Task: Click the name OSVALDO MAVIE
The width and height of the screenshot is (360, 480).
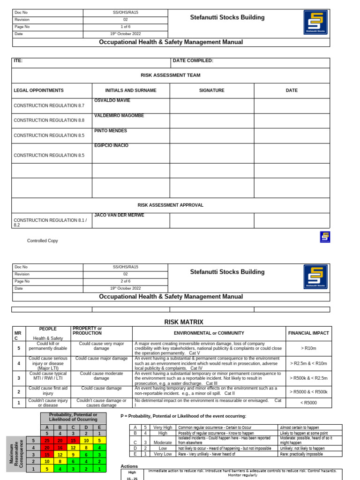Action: pos(112,101)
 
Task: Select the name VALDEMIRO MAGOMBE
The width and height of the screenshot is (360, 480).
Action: pos(119,116)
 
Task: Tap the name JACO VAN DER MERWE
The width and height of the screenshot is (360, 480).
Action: pos(119,215)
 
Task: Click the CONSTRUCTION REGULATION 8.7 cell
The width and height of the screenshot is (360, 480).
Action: pos(49,105)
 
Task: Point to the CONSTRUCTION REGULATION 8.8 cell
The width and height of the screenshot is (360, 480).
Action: pos(49,120)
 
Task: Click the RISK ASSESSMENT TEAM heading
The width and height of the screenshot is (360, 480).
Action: pos(171,75)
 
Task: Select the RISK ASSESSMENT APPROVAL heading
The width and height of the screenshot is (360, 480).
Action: pos(171,205)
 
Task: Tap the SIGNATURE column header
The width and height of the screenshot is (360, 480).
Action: pos(212,90)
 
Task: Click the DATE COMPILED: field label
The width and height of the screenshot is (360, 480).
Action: pos(193,61)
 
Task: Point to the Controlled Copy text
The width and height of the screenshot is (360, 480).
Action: pos(43,241)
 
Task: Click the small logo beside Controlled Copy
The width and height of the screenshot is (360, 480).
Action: pos(325,237)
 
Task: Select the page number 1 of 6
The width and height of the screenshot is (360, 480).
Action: pos(125,27)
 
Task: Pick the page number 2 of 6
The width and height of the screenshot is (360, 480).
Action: pos(125,281)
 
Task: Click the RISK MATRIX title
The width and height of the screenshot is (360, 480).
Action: pos(184,322)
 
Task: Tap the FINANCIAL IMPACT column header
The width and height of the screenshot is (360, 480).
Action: pos(308,333)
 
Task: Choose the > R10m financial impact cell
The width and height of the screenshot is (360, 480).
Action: pos(308,348)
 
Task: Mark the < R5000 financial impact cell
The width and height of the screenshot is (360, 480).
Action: pos(308,403)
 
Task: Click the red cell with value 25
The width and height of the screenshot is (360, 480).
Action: pos(47,441)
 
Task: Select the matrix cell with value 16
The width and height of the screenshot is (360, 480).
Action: pos(60,448)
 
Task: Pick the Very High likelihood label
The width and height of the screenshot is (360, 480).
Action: pos(163,427)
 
